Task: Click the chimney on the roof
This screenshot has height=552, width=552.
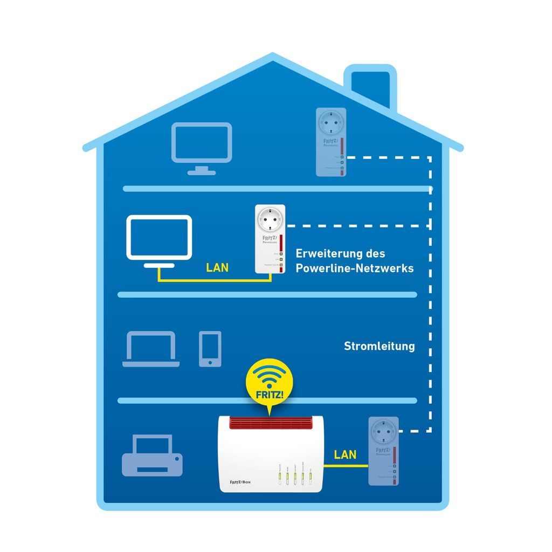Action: [x=370, y=86]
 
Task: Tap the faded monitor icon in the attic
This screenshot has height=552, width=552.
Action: [x=202, y=143]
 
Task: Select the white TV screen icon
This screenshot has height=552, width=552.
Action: [x=159, y=237]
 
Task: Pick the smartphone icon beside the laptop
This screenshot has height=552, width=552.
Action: [x=210, y=349]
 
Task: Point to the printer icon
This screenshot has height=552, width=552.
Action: [x=153, y=457]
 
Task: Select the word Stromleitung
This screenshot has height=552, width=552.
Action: [x=379, y=346]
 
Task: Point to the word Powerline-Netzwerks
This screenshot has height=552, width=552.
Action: [x=355, y=267]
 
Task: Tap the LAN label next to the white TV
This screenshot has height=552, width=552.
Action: [x=217, y=267]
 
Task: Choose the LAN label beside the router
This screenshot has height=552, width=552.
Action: [x=345, y=454]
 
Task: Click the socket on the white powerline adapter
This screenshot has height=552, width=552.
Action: [x=270, y=220]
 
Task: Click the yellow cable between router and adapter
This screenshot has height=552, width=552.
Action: [x=345, y=467]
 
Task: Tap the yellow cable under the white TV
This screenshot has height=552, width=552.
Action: [x=210, y=281]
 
